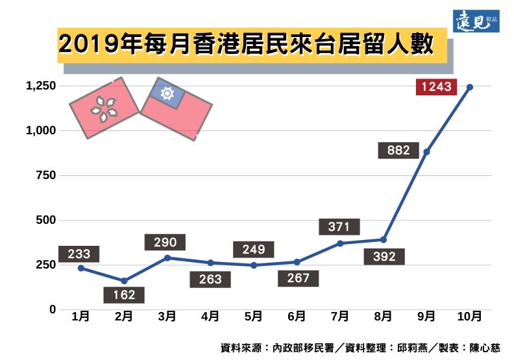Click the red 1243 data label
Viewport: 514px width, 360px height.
pos(436,86)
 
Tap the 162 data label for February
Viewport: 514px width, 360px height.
pos(124,295)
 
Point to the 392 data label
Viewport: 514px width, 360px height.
pos(384,256)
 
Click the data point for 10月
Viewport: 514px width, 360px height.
pos(469,87)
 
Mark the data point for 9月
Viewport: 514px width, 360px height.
pos(426,152)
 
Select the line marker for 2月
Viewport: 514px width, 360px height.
pos(124,281)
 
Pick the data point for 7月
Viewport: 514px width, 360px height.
pos(340,243)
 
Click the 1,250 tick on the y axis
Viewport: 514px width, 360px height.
pos(41,86)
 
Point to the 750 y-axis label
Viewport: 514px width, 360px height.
pos(45,175)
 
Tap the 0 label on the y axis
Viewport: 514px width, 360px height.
pos(53,309)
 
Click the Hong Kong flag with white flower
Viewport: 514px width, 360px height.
pos(104,108)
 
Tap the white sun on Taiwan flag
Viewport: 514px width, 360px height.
pos(167,94)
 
